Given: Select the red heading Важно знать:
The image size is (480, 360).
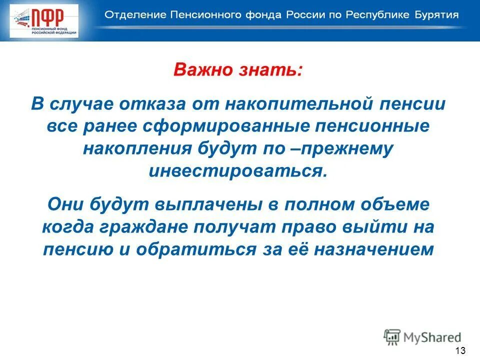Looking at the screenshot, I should coord(238,69).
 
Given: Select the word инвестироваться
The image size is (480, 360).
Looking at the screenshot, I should coord(238,170).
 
